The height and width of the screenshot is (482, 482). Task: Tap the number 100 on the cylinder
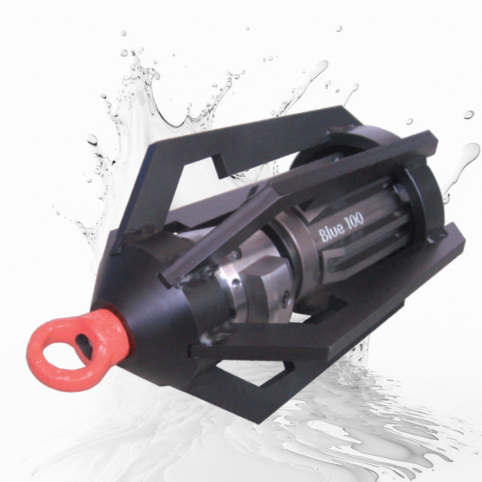pos(354,219)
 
